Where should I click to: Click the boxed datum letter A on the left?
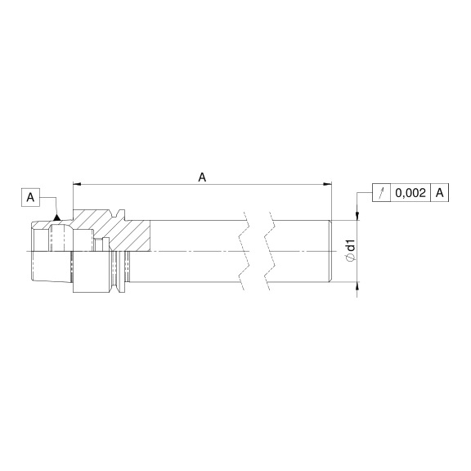click(x=30, y=198)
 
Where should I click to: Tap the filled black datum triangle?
click(x=56, y=217)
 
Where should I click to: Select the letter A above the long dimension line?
click(x=203, y=177)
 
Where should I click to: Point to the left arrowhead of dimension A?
click(x=77, y=184)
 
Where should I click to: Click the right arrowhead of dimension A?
click(x=327, y=184)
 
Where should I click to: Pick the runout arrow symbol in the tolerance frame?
click(x=382, y=192)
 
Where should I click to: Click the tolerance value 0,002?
click(x=410, y=192)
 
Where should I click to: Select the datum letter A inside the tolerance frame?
click(x=440, y=192)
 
